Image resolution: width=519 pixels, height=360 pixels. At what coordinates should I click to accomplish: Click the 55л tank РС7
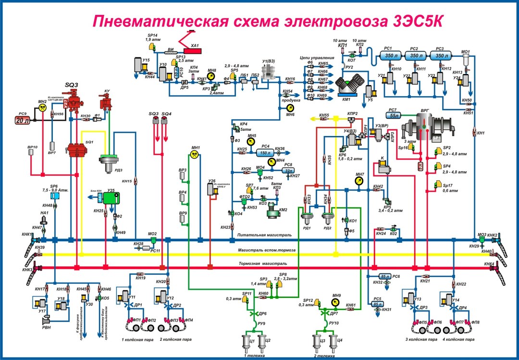(395, 115)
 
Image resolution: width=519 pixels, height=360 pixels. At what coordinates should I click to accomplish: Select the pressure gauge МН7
(359, 181)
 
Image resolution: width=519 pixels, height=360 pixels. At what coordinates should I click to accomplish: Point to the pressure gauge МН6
(289, 108)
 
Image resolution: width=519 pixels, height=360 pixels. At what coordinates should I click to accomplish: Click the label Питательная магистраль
(264, 235)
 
